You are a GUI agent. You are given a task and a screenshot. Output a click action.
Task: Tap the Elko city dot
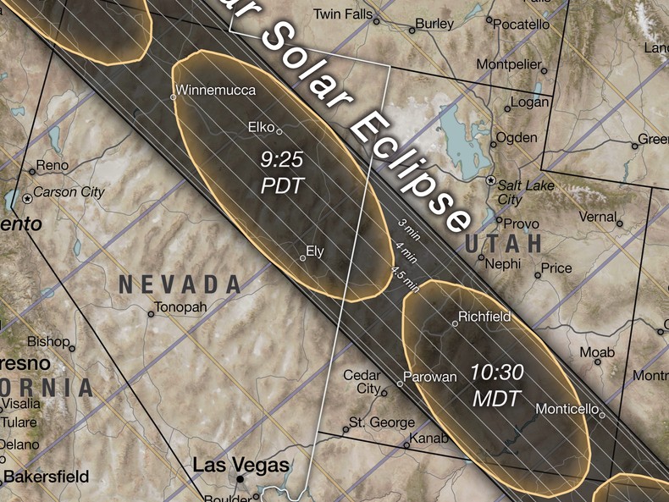[280, 131]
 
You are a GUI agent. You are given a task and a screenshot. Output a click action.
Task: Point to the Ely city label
[315, 251]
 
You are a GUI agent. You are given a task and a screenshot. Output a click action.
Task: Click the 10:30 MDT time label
[499, 384]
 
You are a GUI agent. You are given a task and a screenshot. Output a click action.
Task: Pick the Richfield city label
[484, 317]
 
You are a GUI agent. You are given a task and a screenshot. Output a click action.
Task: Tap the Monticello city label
[567, 409]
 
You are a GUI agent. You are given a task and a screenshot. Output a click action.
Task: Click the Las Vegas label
[241, 465]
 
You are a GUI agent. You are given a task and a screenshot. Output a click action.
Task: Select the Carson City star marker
[28, 197]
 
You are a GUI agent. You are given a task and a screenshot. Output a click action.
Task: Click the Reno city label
[53, 165]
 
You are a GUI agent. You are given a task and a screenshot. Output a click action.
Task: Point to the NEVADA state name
[180, 284]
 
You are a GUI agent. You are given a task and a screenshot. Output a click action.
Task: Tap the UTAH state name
[503, 244]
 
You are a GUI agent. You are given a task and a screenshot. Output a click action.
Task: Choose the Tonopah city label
[181, 306]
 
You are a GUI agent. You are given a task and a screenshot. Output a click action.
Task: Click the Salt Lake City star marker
[489, 181]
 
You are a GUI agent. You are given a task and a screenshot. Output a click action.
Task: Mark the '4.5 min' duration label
[405, 279]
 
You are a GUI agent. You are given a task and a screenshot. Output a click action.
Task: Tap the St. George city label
[383, 422]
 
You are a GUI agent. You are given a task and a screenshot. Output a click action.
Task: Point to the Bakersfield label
[47, 477]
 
